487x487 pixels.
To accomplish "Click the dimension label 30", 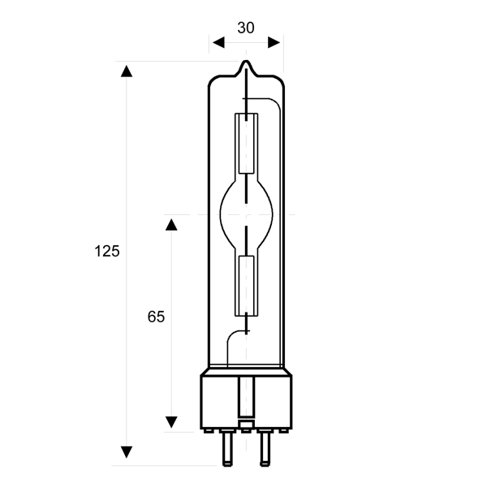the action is point(246,28).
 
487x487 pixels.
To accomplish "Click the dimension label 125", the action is point(107,251).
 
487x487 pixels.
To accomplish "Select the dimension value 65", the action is point(156,317).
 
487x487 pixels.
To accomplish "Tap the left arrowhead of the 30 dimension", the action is point(218,42).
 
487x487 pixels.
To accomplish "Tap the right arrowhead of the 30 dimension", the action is point(274,42).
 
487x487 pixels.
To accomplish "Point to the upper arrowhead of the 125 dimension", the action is point(127,71).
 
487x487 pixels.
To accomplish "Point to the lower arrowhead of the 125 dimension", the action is point(127,452).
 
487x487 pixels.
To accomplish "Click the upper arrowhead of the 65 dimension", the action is point(171,225).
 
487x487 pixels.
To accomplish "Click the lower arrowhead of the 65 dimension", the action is point(171,422).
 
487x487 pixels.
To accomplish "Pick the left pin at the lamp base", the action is point(227,449).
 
